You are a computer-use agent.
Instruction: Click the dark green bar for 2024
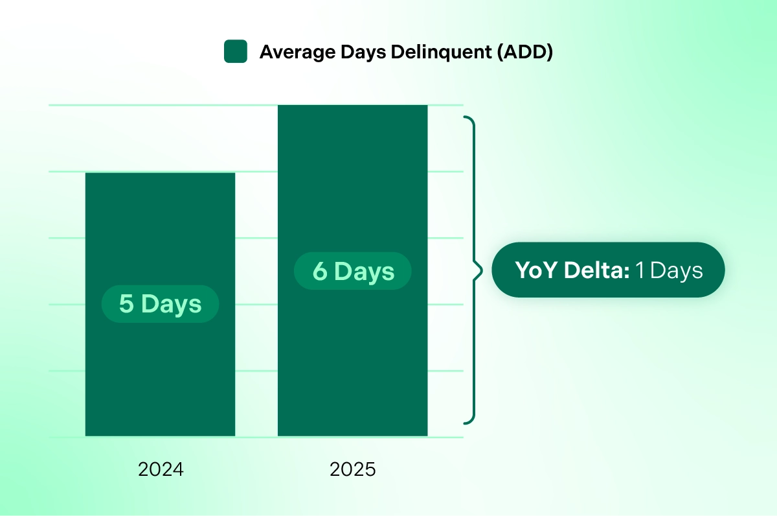tap(160, 376)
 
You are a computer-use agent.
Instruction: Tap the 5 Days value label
tap(160, 304)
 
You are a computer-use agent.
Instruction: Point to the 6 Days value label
tap(353, 271)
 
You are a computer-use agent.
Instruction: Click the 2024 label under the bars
tap(161, 469)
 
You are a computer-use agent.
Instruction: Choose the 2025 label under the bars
tap(353, 469)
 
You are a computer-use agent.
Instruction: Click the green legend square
tap(236, 52)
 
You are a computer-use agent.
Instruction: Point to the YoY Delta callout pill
tap(608, 270)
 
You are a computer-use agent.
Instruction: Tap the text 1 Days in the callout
tap(668, 270)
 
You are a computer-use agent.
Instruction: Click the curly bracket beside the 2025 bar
tap(474, 270)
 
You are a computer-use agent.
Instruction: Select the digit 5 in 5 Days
tap(126, 304)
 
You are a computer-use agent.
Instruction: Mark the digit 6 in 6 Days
tap(320, 271)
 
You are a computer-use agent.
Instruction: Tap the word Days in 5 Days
tap(172, 304)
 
